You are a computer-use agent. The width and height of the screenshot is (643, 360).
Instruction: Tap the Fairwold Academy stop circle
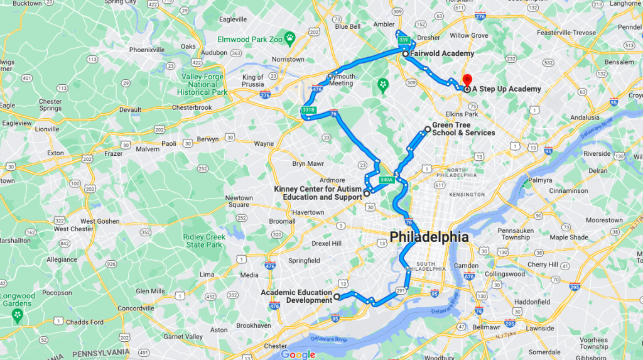(406, 54)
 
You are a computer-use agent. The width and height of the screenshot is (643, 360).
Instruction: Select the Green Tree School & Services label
(463, 129)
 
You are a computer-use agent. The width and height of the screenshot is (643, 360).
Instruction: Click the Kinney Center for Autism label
(318, 193)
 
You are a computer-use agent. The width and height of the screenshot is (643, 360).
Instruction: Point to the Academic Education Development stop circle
(337, 297)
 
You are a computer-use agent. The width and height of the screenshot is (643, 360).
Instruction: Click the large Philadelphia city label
(429, 237)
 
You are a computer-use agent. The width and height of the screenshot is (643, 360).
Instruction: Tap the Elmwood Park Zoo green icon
(289, 38)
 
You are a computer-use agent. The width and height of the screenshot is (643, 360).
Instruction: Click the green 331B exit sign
(308, 111)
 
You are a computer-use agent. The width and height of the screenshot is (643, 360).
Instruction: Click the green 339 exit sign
(404, 41)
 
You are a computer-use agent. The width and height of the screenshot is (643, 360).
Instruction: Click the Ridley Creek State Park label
(204, 241)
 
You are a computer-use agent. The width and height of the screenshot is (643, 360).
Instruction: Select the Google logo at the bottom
(298, 354)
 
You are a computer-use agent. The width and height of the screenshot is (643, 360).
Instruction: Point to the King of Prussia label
(253, 81)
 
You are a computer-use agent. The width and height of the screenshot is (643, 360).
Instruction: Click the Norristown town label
(288, 60)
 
